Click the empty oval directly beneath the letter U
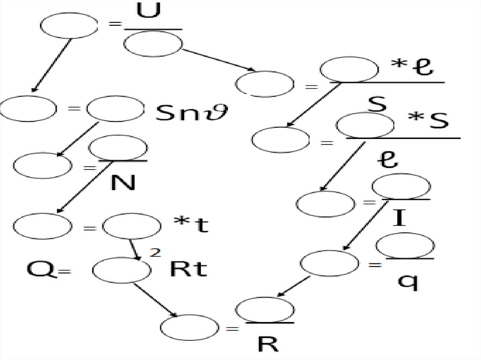[x=153, y=44]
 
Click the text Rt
[x=188, y=269]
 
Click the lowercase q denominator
[x=407, y=282]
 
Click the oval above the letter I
[x=401, y=186]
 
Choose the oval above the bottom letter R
[x=265, y=310]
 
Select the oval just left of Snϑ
[x=116, y=109]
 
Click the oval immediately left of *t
[x=132, y=227]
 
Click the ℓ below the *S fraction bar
[x=388, y=161]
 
